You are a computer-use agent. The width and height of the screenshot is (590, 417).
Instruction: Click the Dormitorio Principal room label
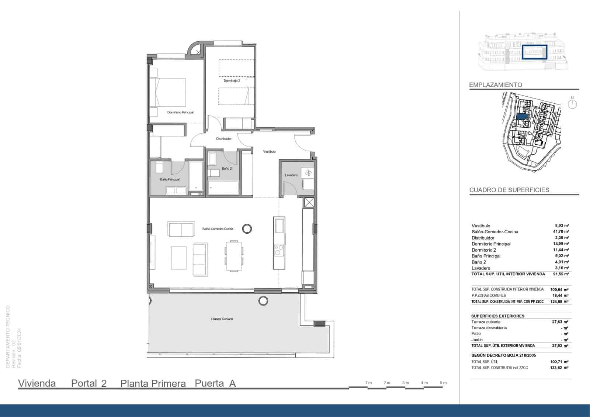(180, 112)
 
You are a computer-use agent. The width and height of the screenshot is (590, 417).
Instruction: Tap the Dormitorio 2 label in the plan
(232, 80)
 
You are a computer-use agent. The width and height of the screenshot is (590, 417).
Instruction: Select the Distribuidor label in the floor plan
(223, 139)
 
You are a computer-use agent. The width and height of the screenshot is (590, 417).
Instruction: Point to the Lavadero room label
(291, 175)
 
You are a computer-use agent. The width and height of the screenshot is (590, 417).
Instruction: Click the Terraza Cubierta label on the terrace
(222, 319)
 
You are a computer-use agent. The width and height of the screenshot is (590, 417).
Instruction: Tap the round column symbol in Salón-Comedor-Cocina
(247, 229)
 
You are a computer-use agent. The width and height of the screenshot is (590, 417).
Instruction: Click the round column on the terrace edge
(263, 301)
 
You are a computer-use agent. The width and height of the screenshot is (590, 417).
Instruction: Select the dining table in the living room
(234, 256)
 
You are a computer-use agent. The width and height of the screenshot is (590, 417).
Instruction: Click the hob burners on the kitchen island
(279, 250)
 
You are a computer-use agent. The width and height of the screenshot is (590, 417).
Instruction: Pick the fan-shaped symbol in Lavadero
(308, 172)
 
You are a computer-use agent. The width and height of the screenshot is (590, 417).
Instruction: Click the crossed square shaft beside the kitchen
(309, 203)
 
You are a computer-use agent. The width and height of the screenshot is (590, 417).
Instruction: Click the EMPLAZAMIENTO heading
(495, 85)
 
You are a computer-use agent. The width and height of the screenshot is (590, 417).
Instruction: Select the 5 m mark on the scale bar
(443, 383)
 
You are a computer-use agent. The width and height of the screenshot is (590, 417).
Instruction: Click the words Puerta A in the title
(215, 383)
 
